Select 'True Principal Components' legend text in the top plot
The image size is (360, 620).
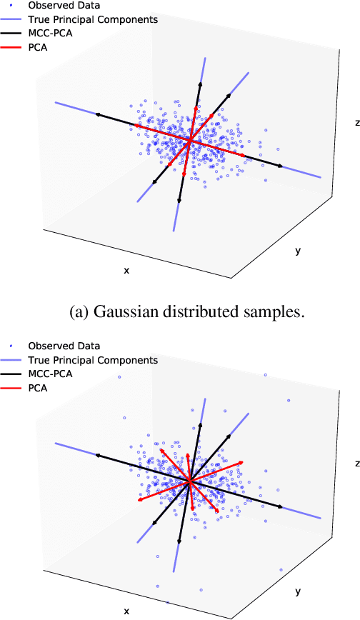tap(93, 19)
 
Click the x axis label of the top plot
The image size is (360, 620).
tap(127, 271)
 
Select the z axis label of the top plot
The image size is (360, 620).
tap(356, 123)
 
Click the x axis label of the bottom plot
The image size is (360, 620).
tap(127, 611)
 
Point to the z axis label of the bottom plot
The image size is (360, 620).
tap(356, 463)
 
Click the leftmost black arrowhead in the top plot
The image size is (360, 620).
tap(97, 114)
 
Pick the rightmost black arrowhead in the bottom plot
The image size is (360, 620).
tap(281, 507)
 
